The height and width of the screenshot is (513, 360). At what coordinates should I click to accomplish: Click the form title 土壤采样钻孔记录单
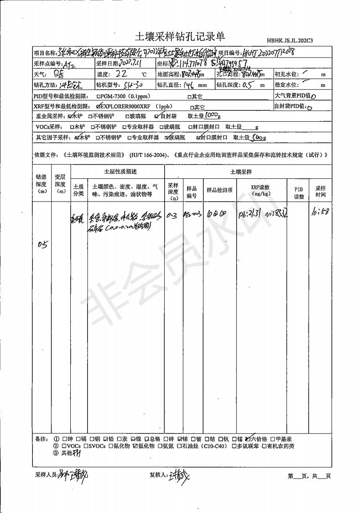click(180, 36)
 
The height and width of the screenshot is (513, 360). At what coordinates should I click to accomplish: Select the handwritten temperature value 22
click(122, 74)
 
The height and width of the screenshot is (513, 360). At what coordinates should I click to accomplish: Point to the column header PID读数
click(299, 192)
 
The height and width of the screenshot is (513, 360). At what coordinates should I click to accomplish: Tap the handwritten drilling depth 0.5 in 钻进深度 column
click(42, 244)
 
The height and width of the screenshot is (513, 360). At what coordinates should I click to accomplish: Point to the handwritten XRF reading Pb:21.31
click(250, 213)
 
